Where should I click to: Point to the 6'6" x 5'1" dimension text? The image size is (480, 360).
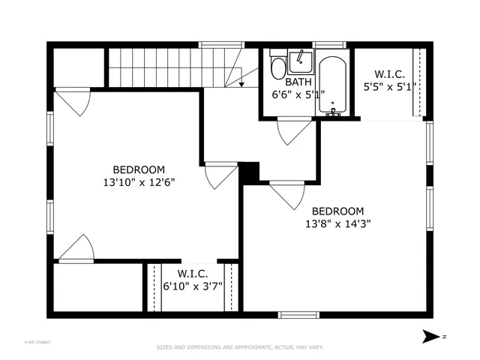tap(298, 95)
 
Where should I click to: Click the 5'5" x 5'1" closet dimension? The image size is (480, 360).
tap(389, 86)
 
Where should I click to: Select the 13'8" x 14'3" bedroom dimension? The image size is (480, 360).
tap(337, 223)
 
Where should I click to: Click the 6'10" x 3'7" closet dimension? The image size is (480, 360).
tap(193, 286)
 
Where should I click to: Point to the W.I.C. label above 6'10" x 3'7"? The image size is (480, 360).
tap(193, 274)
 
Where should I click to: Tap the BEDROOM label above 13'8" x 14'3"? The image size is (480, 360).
tap(337, 211)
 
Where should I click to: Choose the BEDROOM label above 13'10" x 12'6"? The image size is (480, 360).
tap(139, 169)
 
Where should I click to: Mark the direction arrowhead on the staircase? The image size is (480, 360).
tap(241, 85)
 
